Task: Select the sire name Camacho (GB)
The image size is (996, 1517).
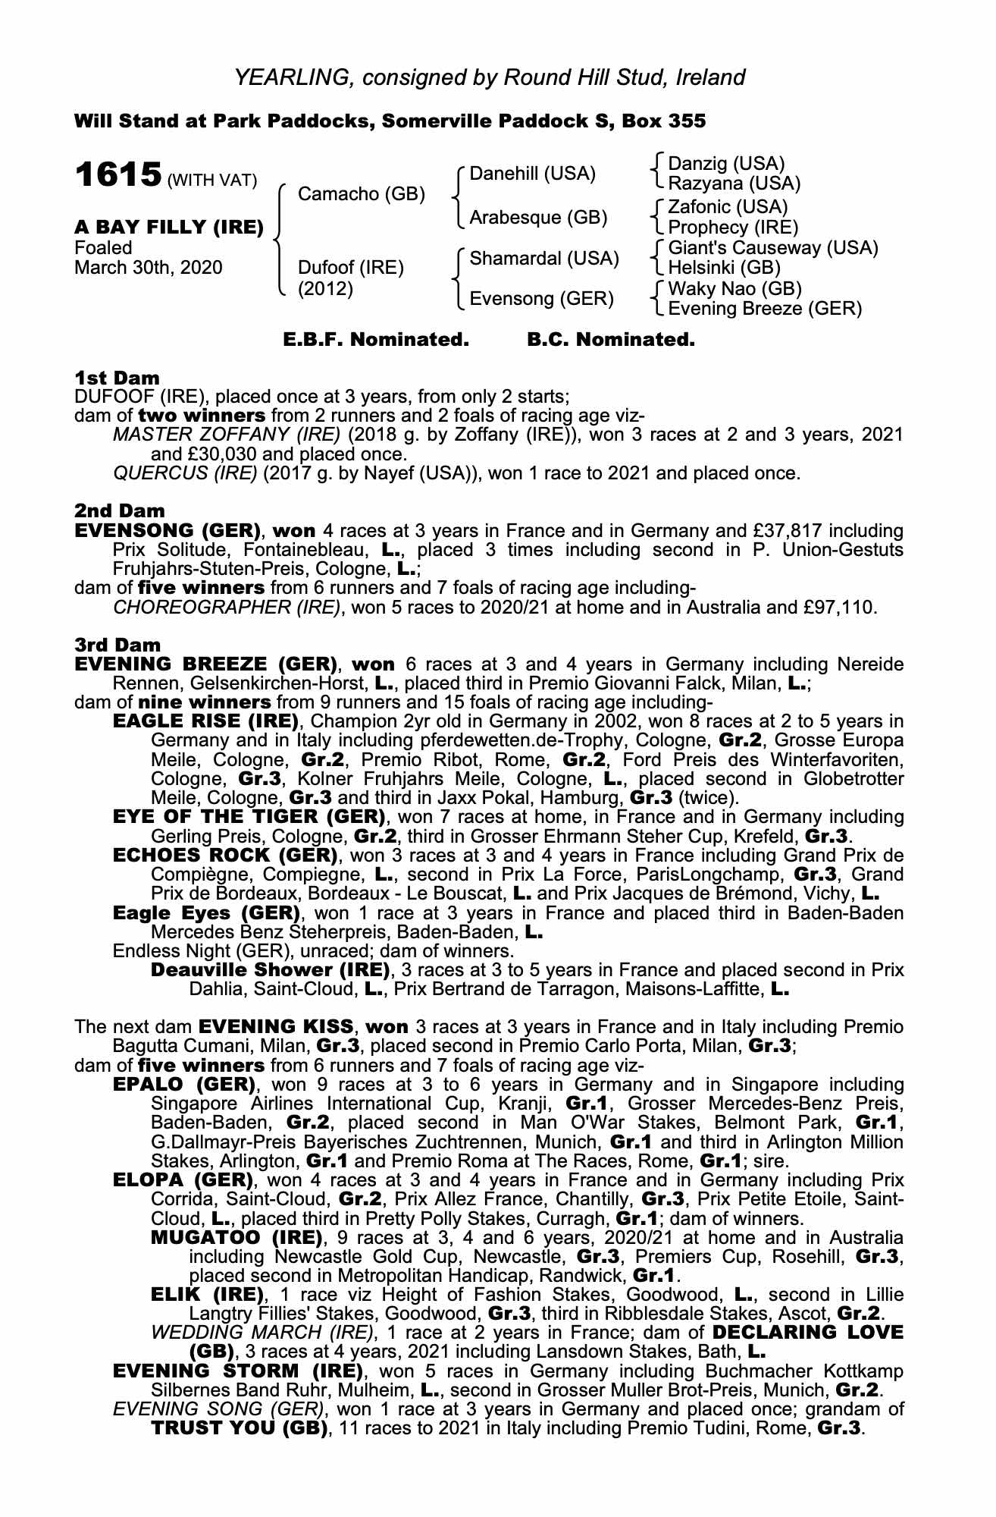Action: tap(361, 194)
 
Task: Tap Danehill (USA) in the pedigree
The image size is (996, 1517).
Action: tap(532, 174)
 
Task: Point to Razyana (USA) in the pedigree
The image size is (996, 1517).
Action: tap(734, 184)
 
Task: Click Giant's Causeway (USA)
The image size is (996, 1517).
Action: tap(772, 248)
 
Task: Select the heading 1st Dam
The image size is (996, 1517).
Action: tap(117, 378)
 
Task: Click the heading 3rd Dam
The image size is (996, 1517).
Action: tap(117, 645)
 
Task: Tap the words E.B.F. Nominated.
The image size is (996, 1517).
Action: tap(376, 340)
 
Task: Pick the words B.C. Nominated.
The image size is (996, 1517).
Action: tap(610, 340)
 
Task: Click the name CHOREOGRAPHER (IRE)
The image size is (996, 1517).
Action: tap(226, 608)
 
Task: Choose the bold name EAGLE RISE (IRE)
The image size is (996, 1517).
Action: tap(206, 721)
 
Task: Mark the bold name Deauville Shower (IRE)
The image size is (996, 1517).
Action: tap(270, 970)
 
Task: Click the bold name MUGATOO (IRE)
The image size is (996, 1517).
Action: tap(233, 1238)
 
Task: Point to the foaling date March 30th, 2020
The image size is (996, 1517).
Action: tap(149, 268)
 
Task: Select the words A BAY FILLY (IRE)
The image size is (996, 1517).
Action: tap(169, 227)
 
